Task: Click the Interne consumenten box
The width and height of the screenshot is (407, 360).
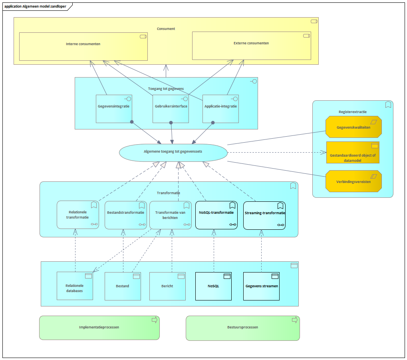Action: [83, 46]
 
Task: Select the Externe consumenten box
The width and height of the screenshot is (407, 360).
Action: [252, 46]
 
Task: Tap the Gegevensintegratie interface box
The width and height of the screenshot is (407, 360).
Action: [114, 109]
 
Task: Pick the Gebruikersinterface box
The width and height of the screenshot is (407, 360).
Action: [171, 109]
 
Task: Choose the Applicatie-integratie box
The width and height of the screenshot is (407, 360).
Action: [220, 109]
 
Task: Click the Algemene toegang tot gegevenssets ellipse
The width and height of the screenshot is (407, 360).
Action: [173, 153]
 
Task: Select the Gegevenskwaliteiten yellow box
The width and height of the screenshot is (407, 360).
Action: [353, 127]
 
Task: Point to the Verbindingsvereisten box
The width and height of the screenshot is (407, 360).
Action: [353, 181]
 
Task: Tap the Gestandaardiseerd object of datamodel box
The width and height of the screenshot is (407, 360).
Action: [353, 153]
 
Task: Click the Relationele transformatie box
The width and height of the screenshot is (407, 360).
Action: [78, 215]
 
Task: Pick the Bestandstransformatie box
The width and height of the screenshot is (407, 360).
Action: [126, 215]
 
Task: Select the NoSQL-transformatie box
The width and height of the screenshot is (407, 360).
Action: [216, 215]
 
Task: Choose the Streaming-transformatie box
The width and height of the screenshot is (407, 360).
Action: [264, 216]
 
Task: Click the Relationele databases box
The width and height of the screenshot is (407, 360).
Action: [75, 286]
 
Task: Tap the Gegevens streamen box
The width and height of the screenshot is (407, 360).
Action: [261, 286]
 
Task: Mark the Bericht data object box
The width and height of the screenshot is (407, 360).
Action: [167, 286]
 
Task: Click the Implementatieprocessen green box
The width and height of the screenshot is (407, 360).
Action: [99, 328]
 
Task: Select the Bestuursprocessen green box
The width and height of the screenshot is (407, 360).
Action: [243, 328]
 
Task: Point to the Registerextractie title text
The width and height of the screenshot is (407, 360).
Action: [353, 112]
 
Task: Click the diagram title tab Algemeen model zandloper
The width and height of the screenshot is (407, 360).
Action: [35, 6]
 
